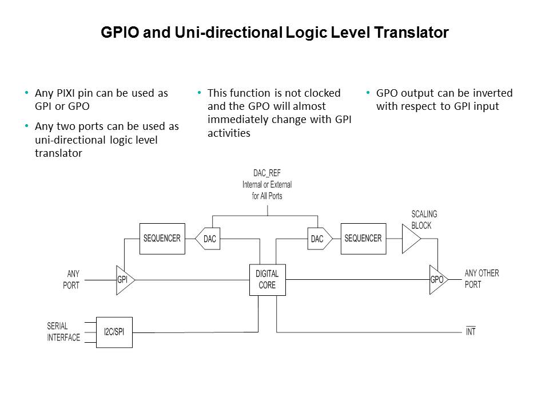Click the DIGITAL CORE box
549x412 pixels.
[x=267, y=280]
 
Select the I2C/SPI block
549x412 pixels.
[x=114, y=332]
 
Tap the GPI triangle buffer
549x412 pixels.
[x=124, y=280]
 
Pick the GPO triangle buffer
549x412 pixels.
[x=436, y=280]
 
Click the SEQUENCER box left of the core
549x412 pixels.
[x=162, y=239]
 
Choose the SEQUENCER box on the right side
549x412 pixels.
[x=363, y=239]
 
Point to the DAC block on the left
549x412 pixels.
[x=209, y=239]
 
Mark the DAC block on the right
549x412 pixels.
[x=316, y=239]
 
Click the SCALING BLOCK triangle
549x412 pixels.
[x=410, y=239]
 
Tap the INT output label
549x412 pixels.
[x=471, y=332]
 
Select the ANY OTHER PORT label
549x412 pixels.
[x=482, y=279]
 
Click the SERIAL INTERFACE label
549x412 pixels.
[x=63, y=332]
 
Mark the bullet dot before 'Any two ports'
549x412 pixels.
[x=26, y=126]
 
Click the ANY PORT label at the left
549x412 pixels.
[x=72, y=279]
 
